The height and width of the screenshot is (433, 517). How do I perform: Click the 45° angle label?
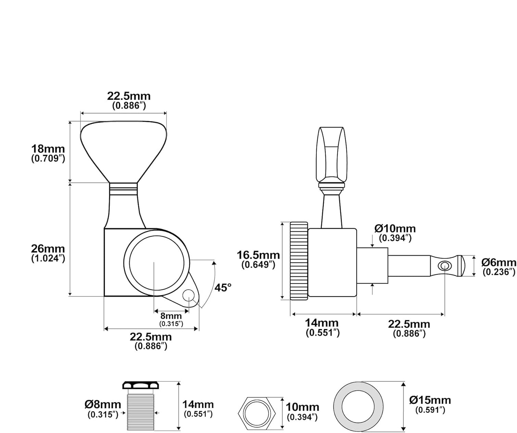223,288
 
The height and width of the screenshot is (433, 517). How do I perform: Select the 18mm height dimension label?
48,149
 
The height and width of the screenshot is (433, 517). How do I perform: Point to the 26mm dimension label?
48,249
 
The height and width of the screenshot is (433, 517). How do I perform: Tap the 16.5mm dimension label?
258,255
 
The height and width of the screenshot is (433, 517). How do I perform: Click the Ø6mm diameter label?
499,263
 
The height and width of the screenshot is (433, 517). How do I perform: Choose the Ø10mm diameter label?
395,229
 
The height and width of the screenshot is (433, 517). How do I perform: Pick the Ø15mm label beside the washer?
430,400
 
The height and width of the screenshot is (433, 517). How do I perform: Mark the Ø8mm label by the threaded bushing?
103,405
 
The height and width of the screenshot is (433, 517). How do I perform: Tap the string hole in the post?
444,265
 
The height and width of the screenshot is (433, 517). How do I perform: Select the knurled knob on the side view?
299,261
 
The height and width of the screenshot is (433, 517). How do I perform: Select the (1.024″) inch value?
48,259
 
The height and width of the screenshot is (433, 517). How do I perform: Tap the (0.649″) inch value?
258,265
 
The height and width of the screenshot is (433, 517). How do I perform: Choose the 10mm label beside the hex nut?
303,407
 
